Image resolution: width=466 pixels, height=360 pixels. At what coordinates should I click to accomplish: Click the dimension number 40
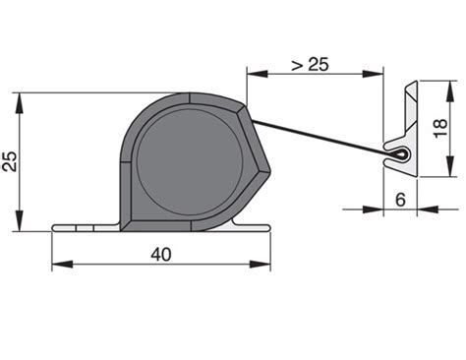(x=161, y=255)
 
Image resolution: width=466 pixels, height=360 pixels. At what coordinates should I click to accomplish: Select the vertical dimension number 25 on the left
(x=10, y=161)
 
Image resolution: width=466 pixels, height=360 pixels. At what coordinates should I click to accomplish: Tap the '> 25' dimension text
(x=310, y=64)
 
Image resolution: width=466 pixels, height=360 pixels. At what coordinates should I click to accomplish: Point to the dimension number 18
(x=441, y=128)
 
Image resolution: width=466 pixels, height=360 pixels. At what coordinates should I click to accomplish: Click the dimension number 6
(x=400, y=200)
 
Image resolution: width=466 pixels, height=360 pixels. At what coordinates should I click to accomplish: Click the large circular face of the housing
(x=190, y=162)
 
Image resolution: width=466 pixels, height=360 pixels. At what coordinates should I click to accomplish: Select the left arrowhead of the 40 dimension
(x=62, y=264)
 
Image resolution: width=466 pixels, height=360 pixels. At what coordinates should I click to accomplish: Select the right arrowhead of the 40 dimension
(x=261, y=264)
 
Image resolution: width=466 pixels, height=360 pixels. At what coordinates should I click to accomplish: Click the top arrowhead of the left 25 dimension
(x=20, y=103)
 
